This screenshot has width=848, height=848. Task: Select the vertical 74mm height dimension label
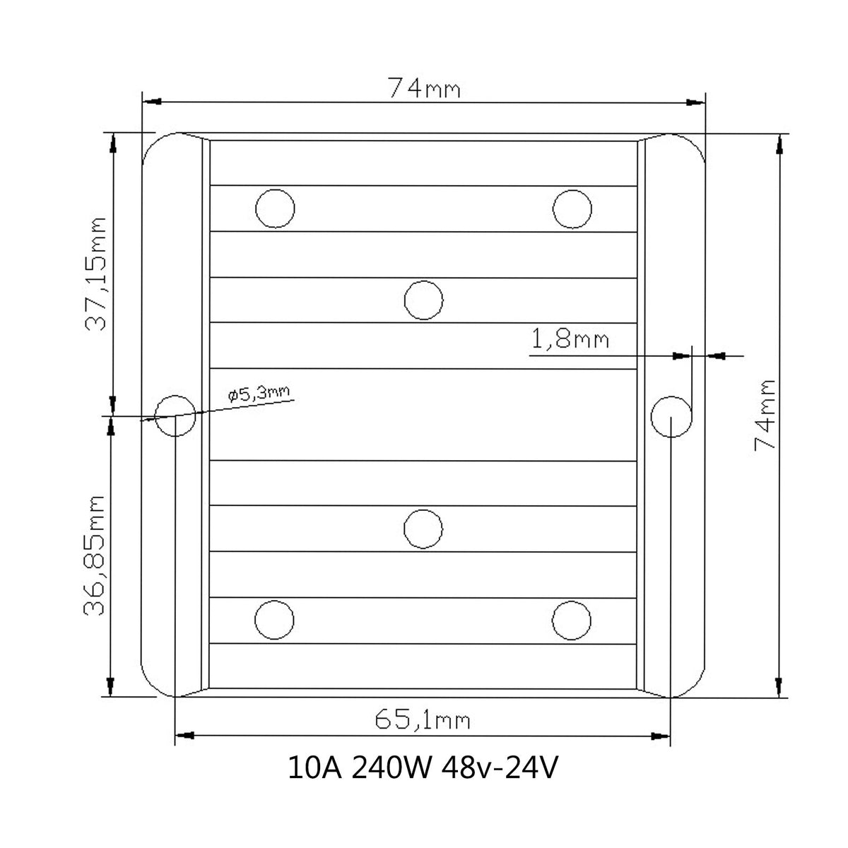pos(765,415)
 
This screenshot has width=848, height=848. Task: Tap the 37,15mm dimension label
pos(96,273)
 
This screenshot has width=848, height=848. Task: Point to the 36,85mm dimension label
pos(94,555)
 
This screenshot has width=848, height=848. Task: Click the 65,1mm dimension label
pos(423,720)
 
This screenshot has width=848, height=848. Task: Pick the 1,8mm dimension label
pos(570,339)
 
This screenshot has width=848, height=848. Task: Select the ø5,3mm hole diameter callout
pos(259,394)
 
